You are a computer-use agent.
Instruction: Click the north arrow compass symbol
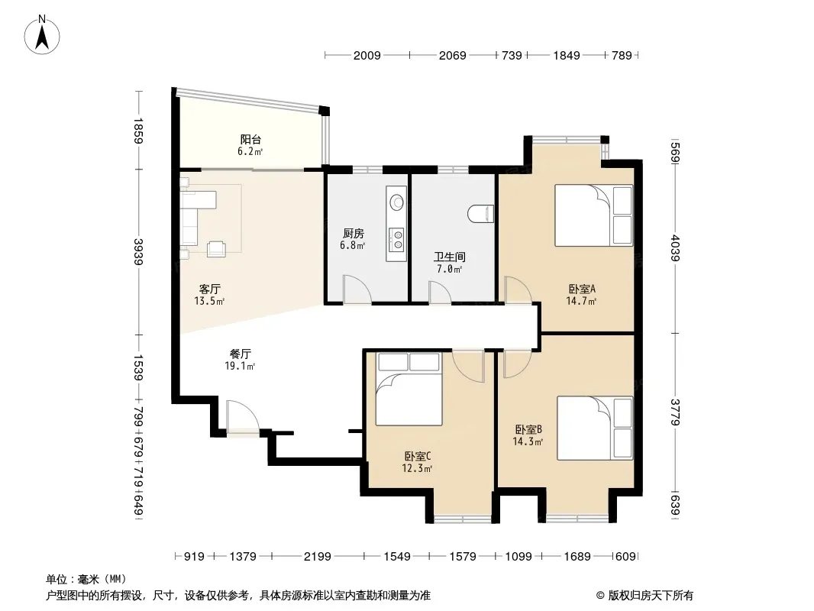pos(42,34)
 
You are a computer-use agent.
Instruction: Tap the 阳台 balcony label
pos(250,140)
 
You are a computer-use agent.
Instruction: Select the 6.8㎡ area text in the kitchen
pos(353,245)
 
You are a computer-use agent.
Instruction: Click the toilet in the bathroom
pos(480,214)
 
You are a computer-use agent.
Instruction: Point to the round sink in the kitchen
pos(397,202)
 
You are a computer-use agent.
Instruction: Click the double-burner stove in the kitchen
pos(397,240)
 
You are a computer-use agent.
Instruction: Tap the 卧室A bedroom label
pos(581,289)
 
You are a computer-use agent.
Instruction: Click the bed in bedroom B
pos(595,428)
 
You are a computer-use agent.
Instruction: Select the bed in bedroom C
pos(409,389)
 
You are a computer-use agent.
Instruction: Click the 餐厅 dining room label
pos(241,354)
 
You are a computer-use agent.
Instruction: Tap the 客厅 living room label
pos(210,289)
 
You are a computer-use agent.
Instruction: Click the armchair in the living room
pos(216,249)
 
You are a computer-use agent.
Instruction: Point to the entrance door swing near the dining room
pos(242,415)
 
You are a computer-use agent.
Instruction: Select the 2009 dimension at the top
pos(367,55)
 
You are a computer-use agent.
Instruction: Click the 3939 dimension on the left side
pos(138,252)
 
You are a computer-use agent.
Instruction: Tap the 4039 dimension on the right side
pos(675,248)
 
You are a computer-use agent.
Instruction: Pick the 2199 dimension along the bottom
pos(317,557)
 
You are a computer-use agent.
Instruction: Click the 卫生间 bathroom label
pos(450,257)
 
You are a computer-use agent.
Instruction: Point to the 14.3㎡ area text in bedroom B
pos(528,442)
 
